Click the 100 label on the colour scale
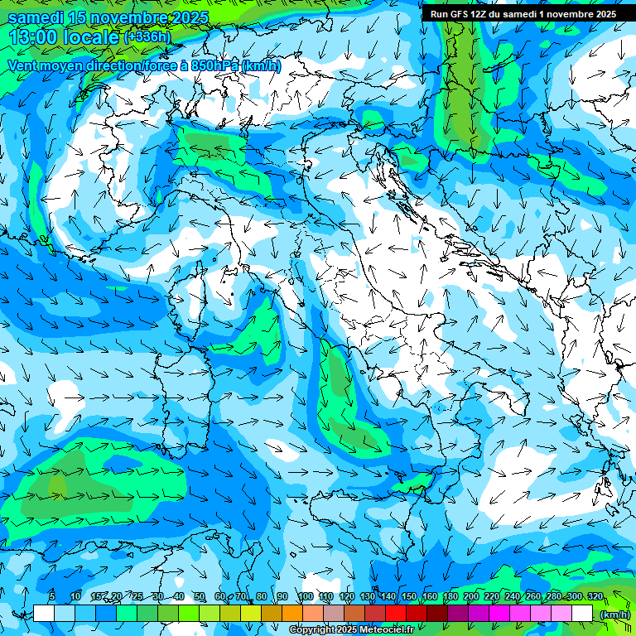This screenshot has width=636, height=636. (x=306, y=596)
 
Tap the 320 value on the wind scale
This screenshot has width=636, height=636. (x=595, y=596)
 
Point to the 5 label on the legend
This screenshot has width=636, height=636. (x=52, y=596)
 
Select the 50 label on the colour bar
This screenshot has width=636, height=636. (x=200, y=596)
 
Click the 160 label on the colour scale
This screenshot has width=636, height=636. (x=430, y=596)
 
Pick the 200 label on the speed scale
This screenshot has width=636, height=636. (x=471, y=596)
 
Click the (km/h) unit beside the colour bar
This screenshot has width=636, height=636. (x=614, y=614)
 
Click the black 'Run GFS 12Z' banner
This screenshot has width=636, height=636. (x=523, y=14)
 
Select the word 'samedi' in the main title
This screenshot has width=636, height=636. (x=36, y=17)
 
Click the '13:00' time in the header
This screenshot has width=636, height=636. (x=32, y=36)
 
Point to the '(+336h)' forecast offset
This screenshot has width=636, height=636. (x=147, y=37)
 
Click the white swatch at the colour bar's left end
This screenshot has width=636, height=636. (x=44, y=613)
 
